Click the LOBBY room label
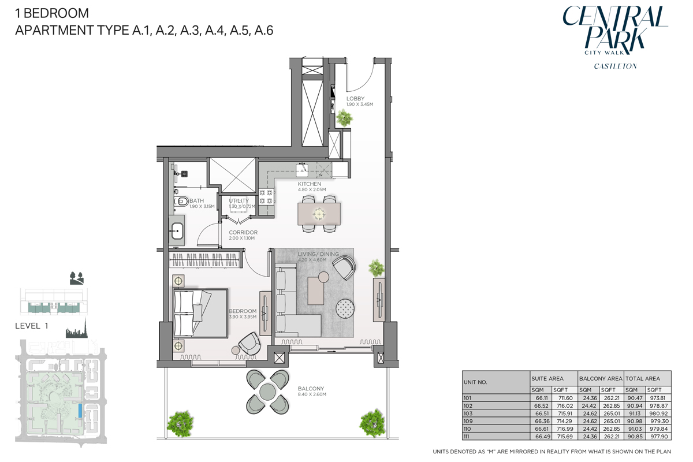[x=355, y=99]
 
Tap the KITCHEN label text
[x=310, y=184]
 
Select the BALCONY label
[x=311, y=389]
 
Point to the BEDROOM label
[x=243, y=311]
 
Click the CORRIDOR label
[x=243, y=233]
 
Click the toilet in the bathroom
[x=182, y=202]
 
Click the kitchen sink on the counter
[x=303, y=169]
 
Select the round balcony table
[x=267, y=392]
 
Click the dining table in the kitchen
[x=319, y=214]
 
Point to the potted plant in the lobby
[x=345, y=118]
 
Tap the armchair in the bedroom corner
[x=250, y=344]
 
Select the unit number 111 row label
[x=467, y=436]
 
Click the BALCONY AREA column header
[x=601, y=379]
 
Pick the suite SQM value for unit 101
[x=541, y=398]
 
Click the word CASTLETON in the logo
[x=615, y=66]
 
